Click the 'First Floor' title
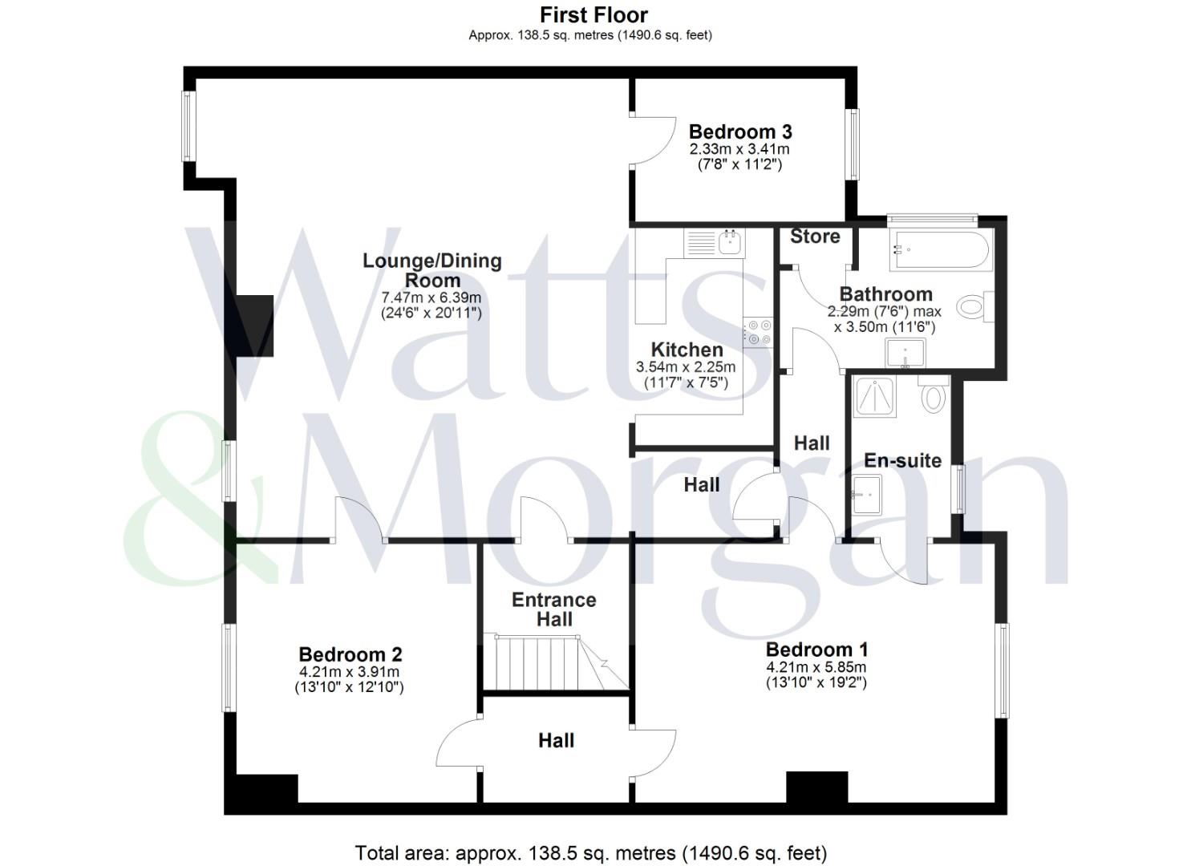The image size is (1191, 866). tap(593, 14)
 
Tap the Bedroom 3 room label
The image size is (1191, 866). tap(739, 132)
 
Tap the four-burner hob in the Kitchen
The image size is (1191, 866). tap(758, 332)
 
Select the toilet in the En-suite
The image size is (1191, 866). tap(933, 395)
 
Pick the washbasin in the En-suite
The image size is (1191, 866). tap(866, 495)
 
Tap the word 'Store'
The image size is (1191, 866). tap(815, 237)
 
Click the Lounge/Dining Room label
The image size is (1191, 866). tap(432, 270)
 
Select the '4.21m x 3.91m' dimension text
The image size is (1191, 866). tap(349, 672)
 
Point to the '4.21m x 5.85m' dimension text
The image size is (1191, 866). tap(816, 667)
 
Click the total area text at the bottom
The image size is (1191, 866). tap(590, 852)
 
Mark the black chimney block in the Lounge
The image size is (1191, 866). tap(255, 326)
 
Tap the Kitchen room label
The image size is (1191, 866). tap(687, 350)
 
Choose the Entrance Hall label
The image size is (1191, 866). tap(553, 609)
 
